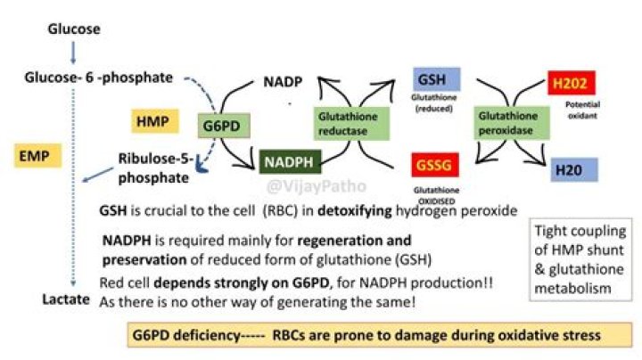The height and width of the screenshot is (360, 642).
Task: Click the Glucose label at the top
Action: click(x=73, y=29)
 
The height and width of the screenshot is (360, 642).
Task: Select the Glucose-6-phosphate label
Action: click(x=99, y=78)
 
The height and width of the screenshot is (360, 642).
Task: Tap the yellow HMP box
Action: click(x=153, y=120)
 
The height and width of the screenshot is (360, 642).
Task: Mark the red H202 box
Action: click(x=570, y=85)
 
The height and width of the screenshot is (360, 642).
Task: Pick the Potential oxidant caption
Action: click(x=583, y=110)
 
